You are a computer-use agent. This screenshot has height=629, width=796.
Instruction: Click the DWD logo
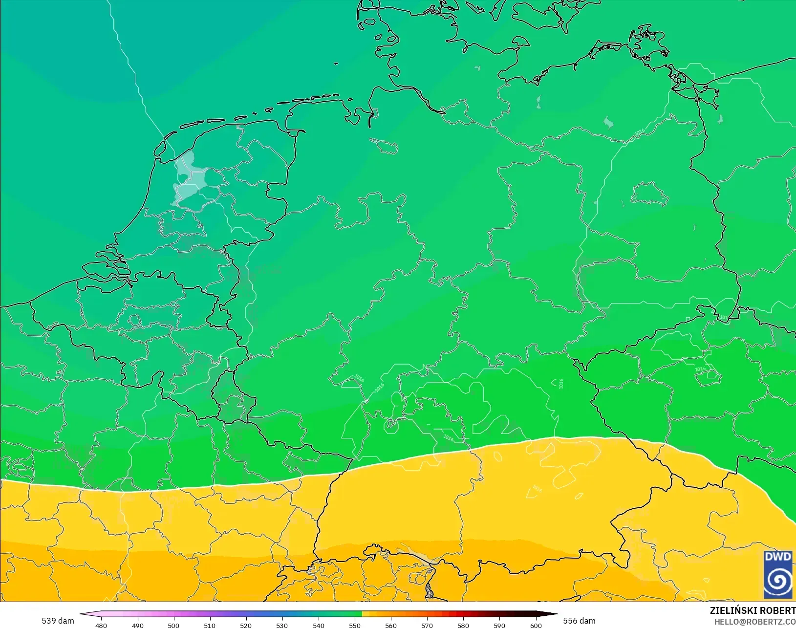click(x=778, y=574)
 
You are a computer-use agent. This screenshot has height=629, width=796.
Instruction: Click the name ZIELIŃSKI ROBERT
click(x=753, y=611)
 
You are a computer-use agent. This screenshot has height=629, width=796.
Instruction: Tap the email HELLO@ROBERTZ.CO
click(x=755, y=622)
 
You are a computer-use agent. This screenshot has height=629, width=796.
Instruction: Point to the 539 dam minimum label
click(x=58, y=621)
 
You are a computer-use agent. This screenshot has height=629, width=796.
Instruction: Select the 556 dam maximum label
click(x=579, y=621)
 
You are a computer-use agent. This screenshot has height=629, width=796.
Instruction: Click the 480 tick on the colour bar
click(x=101, y=626)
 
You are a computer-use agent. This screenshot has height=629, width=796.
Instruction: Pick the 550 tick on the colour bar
click(x=355, y=626)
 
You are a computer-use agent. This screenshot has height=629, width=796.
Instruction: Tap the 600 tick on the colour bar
click(x=536, y=626)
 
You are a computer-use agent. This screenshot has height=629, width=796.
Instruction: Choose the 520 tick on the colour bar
click(x=246, y=626)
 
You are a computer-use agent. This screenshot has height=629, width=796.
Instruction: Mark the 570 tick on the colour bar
click(x=427, y=626)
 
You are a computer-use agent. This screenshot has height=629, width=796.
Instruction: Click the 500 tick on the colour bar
click(x=173, y=626)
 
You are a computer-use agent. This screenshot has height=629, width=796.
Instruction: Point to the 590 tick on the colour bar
click(x=499, y=626)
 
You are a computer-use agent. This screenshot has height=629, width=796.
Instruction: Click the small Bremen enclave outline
click(x=384, y=145)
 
